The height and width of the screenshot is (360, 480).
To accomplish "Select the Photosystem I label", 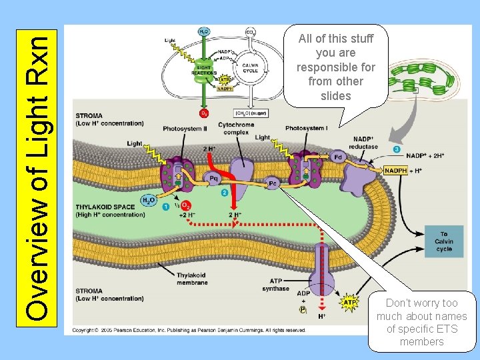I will point(306,128).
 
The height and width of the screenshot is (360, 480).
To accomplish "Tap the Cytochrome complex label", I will point(236,128).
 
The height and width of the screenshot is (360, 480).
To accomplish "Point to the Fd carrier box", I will point(338,157).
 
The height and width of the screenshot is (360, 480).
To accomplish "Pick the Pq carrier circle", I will point(214,179).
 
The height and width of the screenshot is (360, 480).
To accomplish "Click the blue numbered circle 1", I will point(165,207).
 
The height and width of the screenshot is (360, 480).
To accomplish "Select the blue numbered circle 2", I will point(225,193).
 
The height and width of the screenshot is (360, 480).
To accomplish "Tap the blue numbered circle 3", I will point(397,149).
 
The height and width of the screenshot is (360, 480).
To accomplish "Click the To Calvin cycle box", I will point(443,241).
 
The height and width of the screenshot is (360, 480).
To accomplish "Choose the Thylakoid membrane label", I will point(192,279).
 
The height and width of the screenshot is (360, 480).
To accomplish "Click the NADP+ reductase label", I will point(364,143).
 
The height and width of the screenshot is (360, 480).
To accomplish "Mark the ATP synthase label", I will point(275,285).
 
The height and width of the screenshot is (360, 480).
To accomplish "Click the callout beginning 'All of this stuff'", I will point(335,67).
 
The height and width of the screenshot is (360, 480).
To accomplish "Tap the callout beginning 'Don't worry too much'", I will point(421,322).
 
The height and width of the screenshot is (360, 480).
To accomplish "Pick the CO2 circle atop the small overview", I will point(250,31).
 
